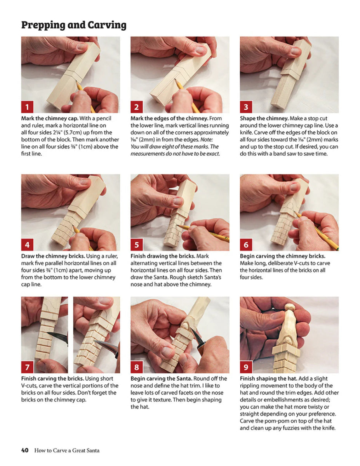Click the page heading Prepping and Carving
pyautogui.click(x=74, y=25)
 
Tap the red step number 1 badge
pyautogui.click(x=27, y=106)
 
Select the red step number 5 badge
pyautogui.click(x=137, y=245)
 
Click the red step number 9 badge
pyautogui.click(x=246, y=367)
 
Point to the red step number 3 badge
pyautogui.click(x=246, y=106)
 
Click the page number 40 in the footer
pyautogui.click(x=25, y=450)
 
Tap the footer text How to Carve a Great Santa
pyautogui.click(x=67, y=450)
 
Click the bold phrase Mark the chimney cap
pyautogui.click(x=49, y=118)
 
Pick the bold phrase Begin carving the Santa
pyautogui.click(x=161, y=379)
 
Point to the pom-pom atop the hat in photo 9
pyautogui.click(x=289, y=307)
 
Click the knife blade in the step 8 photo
pyautogui.click(x=200, y=341)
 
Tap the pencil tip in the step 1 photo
pyautogui.click(x=77, y=83)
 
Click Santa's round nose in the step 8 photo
pyautogui.click(x=187, y=322)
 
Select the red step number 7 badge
pyautogui.click(x=27, y=367)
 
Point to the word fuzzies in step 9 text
pyautogui.click(x=293, y=428)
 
